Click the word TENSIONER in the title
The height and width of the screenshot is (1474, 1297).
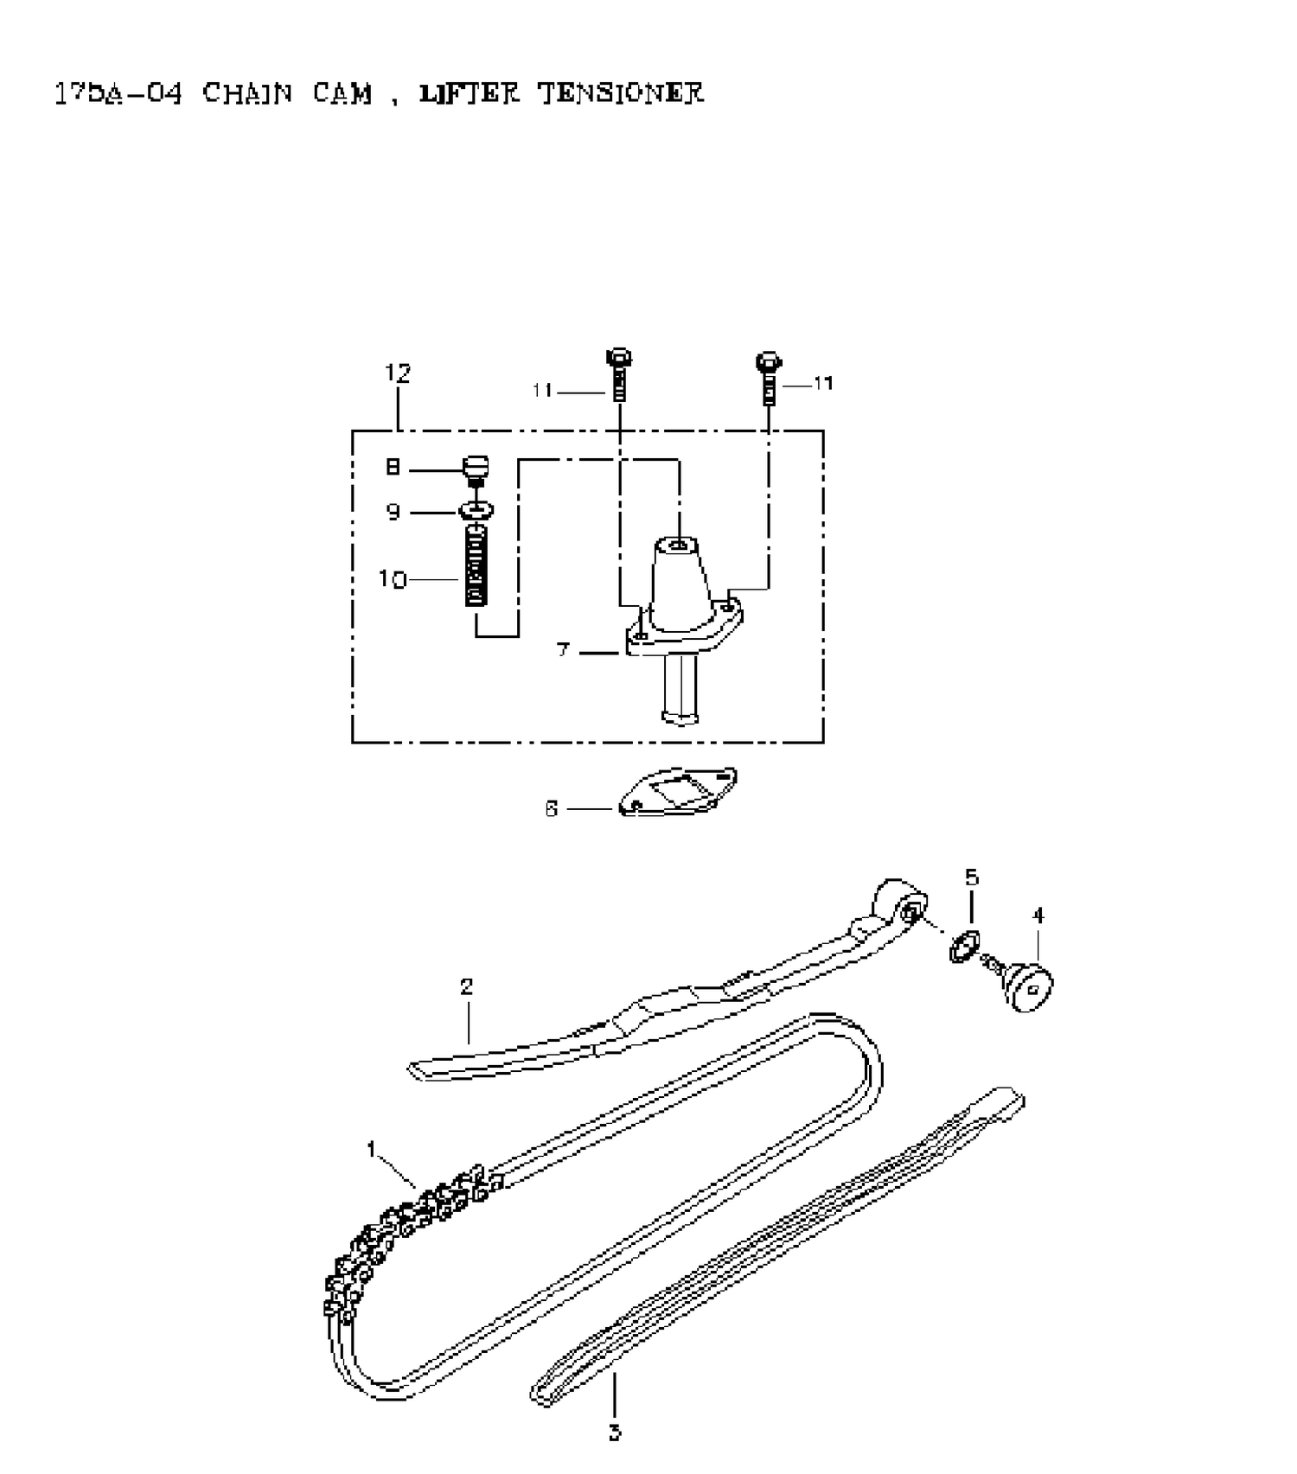621,93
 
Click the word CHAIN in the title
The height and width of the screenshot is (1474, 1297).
247,93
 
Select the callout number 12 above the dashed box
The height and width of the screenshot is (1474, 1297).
397,373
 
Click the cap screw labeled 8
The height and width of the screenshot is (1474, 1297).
476,469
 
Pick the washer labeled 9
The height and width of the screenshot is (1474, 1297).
476,511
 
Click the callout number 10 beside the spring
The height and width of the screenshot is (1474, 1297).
392,578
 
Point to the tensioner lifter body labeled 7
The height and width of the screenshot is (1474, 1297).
682,605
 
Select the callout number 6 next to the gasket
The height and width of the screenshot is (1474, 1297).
551,809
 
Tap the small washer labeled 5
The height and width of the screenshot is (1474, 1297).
963,948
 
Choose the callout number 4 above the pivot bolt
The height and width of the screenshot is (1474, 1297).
1038,915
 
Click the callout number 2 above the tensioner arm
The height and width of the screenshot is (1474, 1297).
466,986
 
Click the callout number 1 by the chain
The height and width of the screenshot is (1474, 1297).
372,1149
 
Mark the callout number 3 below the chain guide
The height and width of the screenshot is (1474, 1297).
614,1433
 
